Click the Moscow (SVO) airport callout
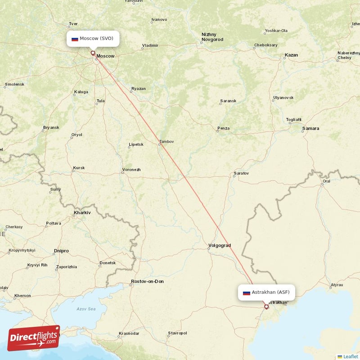[x=93, y=39]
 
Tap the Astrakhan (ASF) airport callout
[x=267, y=292]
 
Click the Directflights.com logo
[x=34, y=337]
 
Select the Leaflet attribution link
[x=350, y=356]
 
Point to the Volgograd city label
[x=219, y=246]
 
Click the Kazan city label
[x=291, y=55]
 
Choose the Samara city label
[x=310, y=129]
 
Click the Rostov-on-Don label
[x=147, y=282]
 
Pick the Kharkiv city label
[x=82, y=212]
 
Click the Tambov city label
[x=166, y=142]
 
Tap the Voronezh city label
[x=131, y=170]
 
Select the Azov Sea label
[x=85, y=309]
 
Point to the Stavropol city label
[x=177, y=333]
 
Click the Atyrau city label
[x=336, y=285]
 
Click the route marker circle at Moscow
[x=93, y=53]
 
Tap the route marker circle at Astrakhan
[x=266, y=307]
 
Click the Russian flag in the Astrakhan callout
[x=246, y=293]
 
